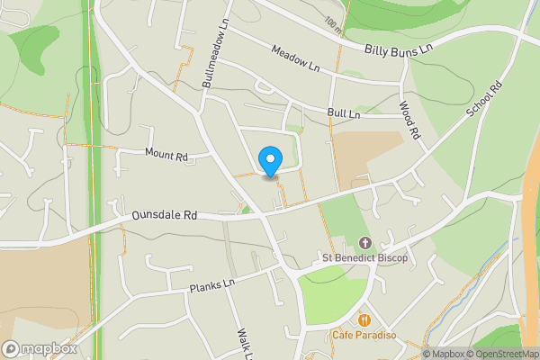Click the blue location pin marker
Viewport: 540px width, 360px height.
[269, 162]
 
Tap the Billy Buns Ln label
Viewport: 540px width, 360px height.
[400, 48]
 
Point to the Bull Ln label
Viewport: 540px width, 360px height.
[344, 114]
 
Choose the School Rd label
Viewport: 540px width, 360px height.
[482, 104]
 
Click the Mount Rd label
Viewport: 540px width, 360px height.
[166, 155]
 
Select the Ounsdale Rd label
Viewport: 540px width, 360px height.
[164, 216]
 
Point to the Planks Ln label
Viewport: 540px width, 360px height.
[211, 286]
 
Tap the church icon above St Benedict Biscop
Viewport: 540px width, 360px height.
[365, 243]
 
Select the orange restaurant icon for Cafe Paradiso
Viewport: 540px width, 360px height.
[364, 320]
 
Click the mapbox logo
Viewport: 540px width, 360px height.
[40, 348]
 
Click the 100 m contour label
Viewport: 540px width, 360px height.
[334, 27]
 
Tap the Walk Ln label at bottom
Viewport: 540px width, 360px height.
[242, 343]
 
